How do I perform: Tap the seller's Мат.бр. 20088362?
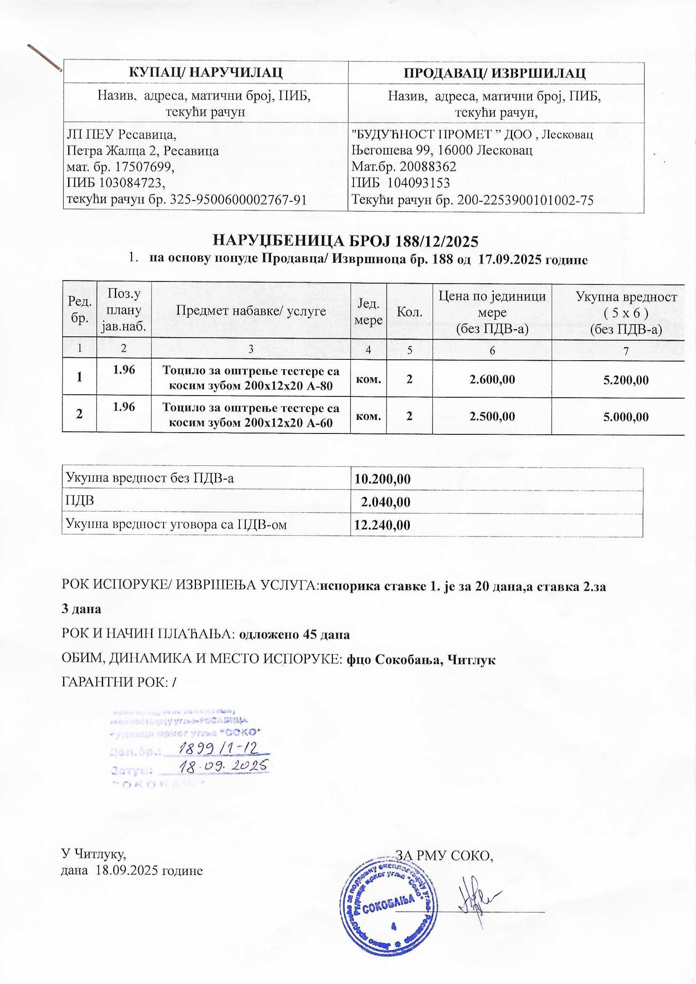coord(404,166)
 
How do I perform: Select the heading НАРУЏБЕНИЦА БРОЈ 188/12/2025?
coord(345,242)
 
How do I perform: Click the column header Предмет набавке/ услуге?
coord(251,311)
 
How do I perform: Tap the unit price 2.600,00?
coord(492,379)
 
